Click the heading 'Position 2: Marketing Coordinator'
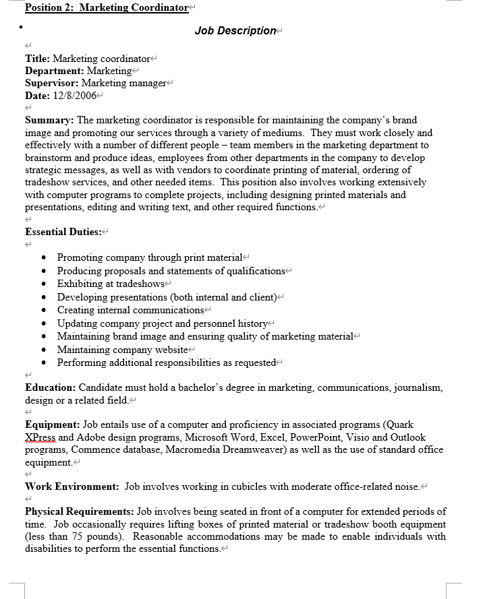point(107,7)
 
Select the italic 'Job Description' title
point(235,30)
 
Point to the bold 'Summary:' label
point(50,120)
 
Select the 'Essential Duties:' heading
point(63,232)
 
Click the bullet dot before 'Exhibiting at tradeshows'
point(44,284)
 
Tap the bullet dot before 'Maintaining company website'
point(44,350)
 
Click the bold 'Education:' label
point(51,387)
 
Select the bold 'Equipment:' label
point(53,424)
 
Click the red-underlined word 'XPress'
point(40,437)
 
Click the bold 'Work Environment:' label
point(72,486)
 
